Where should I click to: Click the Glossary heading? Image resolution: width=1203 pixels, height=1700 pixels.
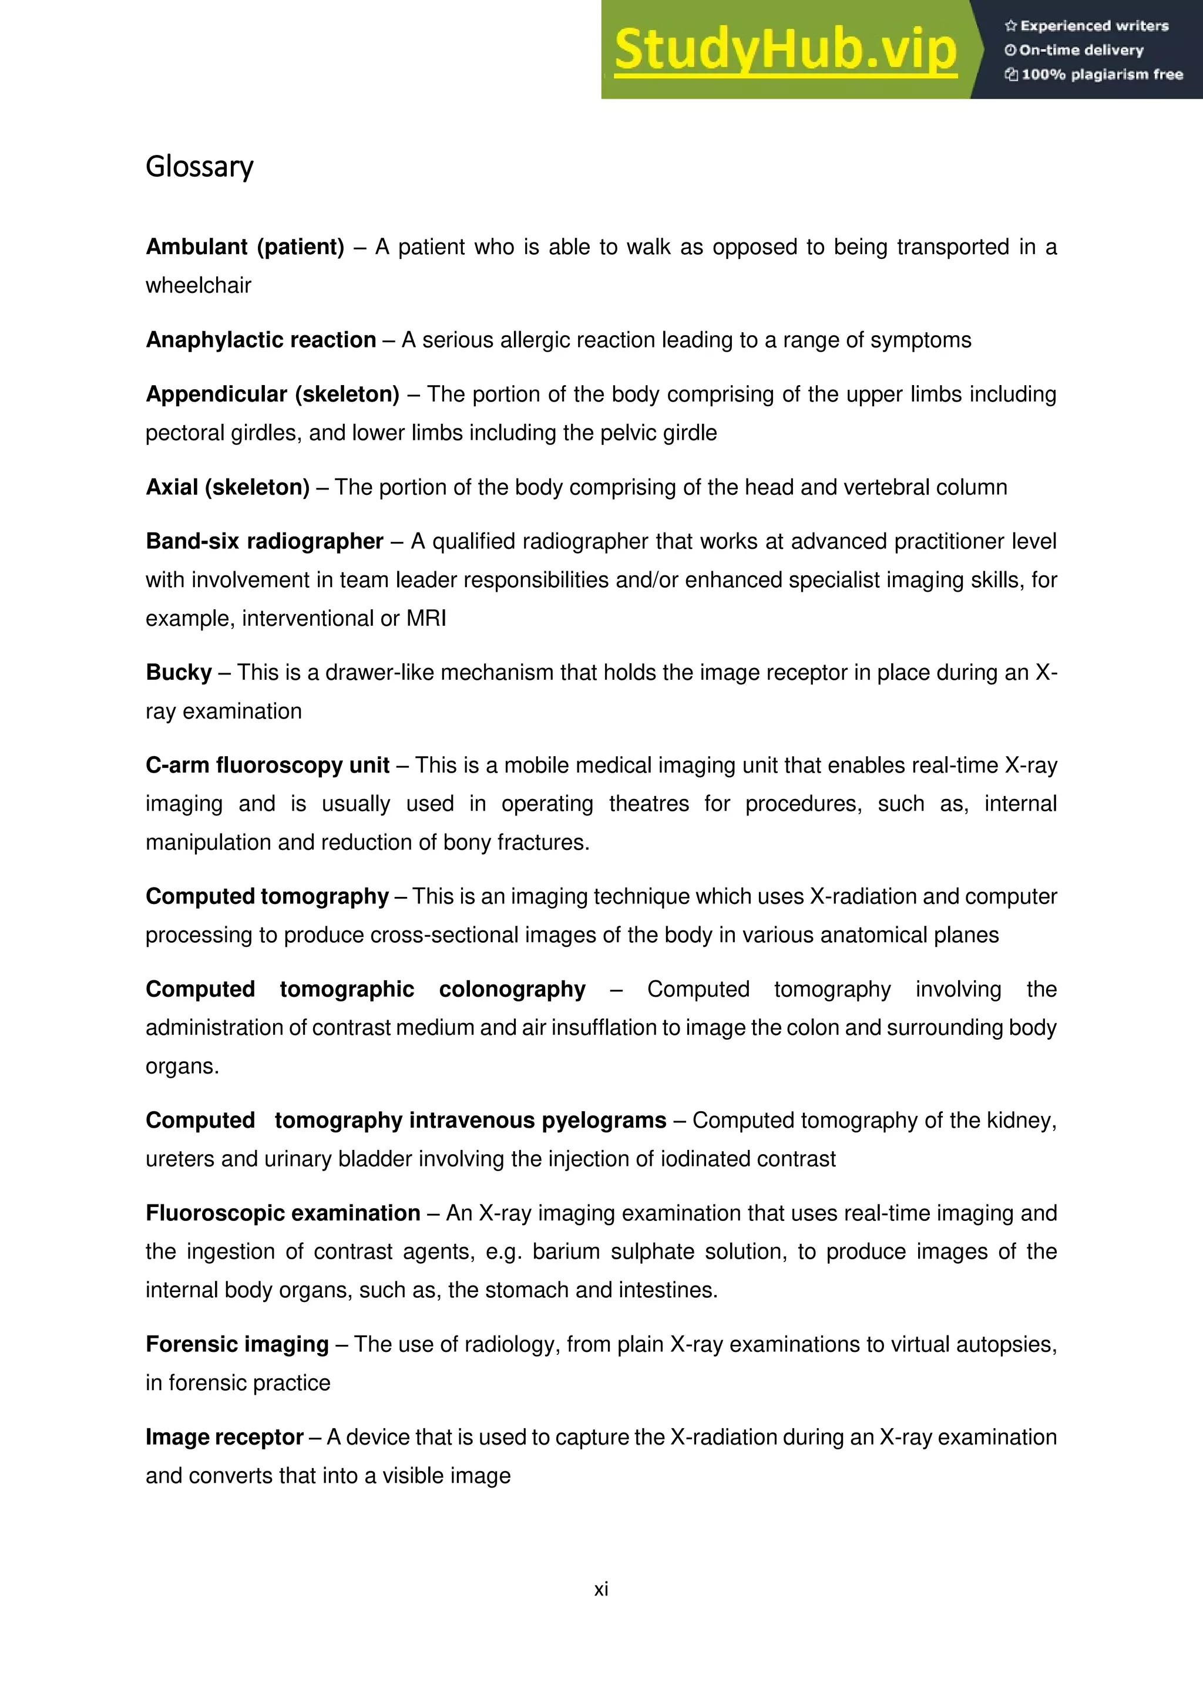[x=199, y=167]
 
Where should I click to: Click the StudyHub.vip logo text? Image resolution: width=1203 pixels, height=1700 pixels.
[x=785, y=50]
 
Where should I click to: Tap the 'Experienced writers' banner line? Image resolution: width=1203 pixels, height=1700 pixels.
[x=1087, y=26]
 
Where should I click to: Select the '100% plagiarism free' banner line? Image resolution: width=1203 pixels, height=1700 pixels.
[x=1094, y=74]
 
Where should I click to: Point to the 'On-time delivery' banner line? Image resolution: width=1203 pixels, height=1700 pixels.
[x=1074, y=50]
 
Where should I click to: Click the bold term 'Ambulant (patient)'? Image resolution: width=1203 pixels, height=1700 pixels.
[x=245, y=247]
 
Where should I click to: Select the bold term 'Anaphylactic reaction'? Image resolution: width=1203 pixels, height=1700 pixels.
[x=261, y=340]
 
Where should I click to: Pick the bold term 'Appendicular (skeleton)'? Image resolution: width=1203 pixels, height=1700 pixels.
[x=273, y=394]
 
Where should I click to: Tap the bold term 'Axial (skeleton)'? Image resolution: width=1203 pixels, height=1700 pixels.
[x=227, y=487]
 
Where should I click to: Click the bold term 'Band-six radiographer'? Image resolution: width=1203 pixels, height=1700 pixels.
[x=264, y=541]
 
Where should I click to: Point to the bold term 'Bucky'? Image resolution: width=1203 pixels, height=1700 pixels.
[x=179, y=672]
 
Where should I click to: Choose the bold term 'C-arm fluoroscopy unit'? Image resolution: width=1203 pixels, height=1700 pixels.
[x=267, y=765]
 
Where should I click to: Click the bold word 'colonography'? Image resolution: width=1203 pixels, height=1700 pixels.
[x=512, y=989]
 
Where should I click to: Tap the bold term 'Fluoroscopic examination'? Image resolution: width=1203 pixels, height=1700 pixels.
[x=283, y=1213]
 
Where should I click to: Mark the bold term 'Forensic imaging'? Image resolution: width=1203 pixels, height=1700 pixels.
[x=237, y=1344]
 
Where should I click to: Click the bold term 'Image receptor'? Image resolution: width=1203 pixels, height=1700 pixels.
[x=224, y=1437]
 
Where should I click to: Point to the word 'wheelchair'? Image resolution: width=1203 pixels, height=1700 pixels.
[x=199, y=285]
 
